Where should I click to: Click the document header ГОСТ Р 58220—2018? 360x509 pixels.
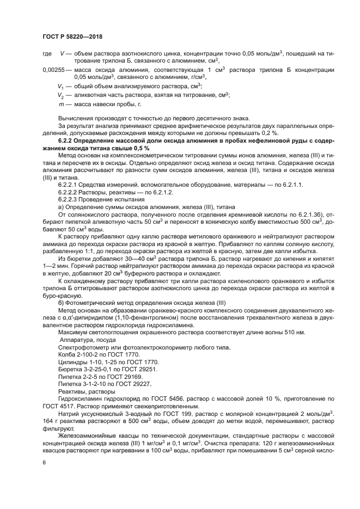[72, 36]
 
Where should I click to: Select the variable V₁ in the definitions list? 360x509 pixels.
[61, 87]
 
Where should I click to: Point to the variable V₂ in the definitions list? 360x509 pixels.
[61, 95]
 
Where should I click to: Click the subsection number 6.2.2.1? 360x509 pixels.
[69, 186]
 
